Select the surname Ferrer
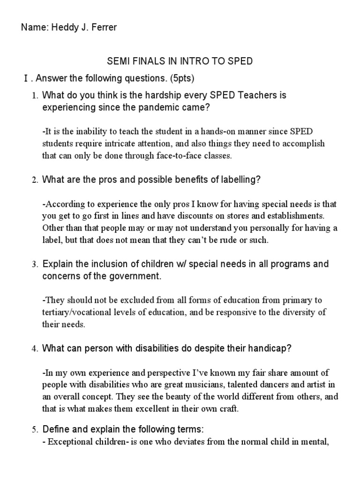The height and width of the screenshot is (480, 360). [102, 28]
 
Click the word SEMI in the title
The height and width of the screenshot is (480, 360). [117, 61]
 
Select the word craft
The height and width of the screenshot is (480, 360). [228, 409]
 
